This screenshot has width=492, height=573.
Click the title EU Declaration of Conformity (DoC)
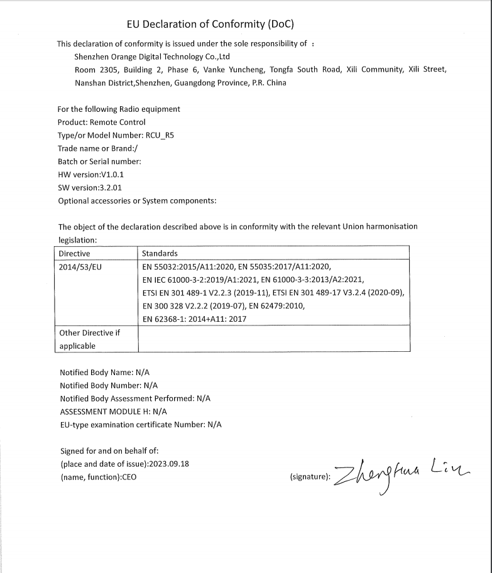(210, 25)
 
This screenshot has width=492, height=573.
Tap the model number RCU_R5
(159, 135)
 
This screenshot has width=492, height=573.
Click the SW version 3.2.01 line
(89, 188)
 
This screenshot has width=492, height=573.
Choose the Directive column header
(74, 254)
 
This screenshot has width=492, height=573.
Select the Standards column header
(160, 254)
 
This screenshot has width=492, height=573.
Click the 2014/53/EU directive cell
(80, 267)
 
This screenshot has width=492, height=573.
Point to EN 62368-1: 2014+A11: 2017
(194, 319)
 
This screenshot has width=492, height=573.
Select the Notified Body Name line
(104, 372)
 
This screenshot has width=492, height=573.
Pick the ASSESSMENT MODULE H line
(113, 412)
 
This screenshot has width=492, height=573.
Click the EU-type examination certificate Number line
(141, 425)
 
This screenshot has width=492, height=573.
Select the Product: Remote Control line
(101, 122)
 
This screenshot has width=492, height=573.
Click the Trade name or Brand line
(97, 148)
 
